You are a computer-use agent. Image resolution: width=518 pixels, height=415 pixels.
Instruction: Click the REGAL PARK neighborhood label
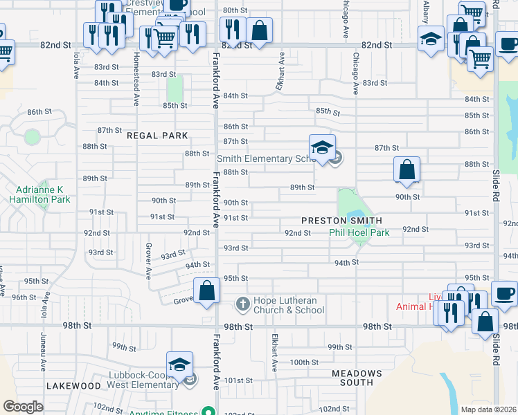pyautogui.click(x=157, y=136)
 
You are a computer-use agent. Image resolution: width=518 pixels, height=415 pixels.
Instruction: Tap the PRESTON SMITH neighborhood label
pyautogui.click(x=341, y=221)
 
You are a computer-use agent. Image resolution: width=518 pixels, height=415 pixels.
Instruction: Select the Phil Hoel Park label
pyautogui.click(x=359, y=233)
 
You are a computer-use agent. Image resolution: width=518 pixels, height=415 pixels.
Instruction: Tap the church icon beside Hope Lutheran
pyautogui.click(x=242, y=303)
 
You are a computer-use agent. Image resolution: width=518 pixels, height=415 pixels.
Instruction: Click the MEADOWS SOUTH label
pyautogui.click(x=357, y=377)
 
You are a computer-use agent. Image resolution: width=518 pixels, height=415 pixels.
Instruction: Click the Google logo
pyautogui.click(x=23, y=407)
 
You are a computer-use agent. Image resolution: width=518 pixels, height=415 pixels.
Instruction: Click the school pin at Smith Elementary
pyautogui.click(x=322, y=148)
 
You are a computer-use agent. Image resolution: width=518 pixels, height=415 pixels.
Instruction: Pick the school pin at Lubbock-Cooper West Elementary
pyautogui.click(x=179, y=365)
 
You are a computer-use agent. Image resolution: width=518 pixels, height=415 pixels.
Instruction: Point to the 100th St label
pyautogui.click(x=303, y=362)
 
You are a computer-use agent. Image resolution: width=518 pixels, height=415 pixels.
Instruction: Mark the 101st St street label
pyautogui.click(x=235, y=380)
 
